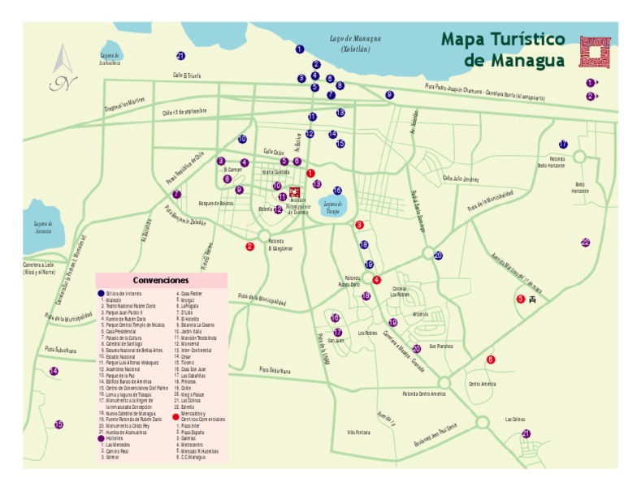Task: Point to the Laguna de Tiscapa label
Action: (331, 206)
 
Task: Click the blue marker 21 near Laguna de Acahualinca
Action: (180, 56)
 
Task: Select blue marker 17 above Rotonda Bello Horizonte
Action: (562, 144)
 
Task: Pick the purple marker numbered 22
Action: (585, 242)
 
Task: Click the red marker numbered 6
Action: (490, 359)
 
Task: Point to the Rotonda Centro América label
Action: (423, 394)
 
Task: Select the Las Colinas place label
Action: (515, 420)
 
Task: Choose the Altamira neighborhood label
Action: (419, 314)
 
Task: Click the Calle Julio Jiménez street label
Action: (460, 179)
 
